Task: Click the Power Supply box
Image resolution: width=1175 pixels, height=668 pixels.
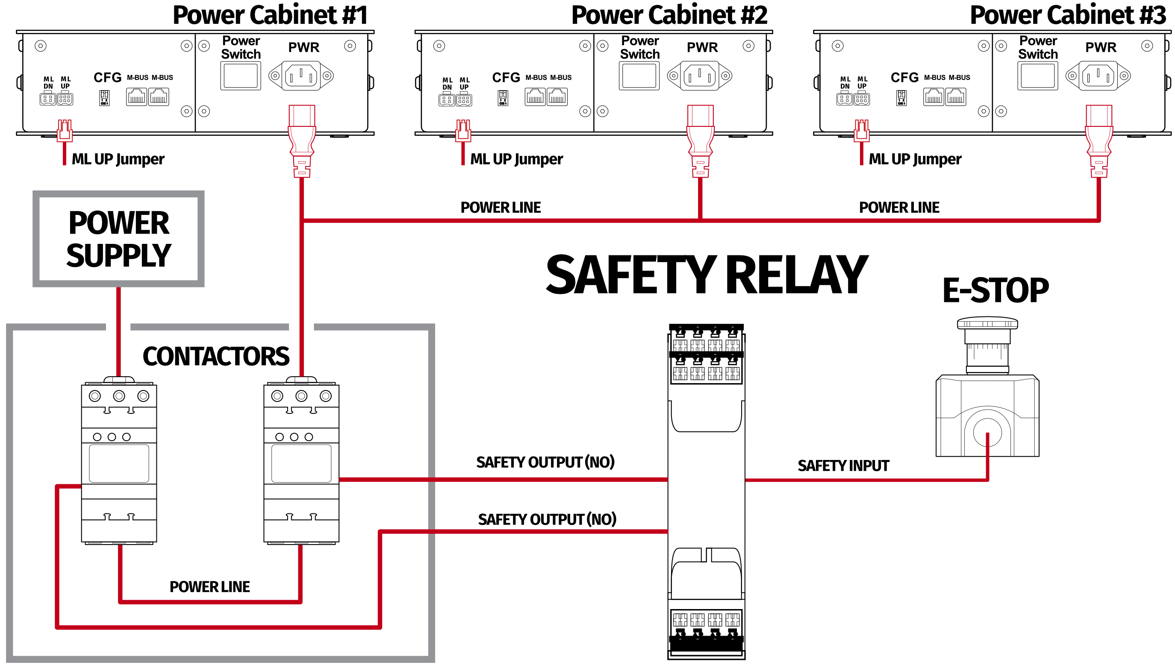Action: (x=118, y=239)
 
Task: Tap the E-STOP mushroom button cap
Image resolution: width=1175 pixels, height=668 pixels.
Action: (x=987, y=324)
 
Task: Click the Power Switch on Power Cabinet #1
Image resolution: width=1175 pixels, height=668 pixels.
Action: (x=241, y=76)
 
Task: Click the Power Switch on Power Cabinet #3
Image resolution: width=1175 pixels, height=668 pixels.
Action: (x=1037, y=76)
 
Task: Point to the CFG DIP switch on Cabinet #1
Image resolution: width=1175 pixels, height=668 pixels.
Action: (x=104, y=97)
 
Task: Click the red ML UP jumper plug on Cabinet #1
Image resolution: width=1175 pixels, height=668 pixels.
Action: (x=64, y=130)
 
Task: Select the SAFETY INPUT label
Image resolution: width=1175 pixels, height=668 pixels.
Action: (x=843, y=466)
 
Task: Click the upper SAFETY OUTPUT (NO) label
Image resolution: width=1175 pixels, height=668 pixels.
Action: (x=545, y=462)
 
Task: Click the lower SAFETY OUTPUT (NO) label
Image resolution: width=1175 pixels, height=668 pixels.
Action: (x=547, y=519)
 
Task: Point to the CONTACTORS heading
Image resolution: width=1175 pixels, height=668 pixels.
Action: (x=216, y=357)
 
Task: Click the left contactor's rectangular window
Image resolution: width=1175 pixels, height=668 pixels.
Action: (x=119, y=463)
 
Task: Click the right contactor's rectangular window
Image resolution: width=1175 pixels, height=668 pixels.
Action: (x=301, y=463)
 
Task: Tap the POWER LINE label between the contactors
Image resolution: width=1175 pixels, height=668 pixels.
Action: (x=209, y=587)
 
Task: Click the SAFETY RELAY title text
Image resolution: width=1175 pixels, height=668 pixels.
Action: (x=707, y=275)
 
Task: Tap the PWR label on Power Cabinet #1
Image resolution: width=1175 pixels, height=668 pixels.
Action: (x=303, y=47)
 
